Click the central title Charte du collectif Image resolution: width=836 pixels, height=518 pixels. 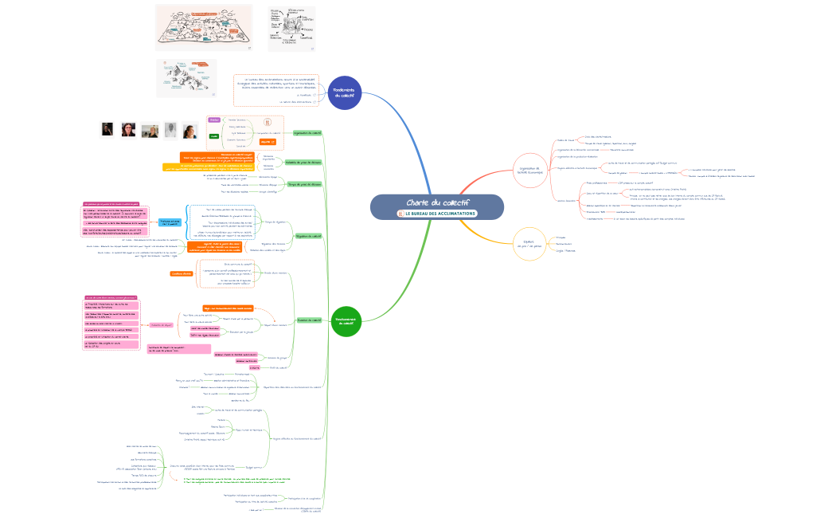[x=437, y=202]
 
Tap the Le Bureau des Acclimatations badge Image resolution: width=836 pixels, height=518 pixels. [x=437, y=214]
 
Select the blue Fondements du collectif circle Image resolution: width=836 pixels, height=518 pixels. [x=345, y=92]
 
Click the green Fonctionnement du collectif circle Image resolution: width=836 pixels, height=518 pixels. [x=346, y=320]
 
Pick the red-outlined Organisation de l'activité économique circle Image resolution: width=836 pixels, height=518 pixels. [x=529, y=170]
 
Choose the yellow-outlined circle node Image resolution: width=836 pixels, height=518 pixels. [x=529, y=244]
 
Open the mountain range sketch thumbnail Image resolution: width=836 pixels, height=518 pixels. [x=186, y=78]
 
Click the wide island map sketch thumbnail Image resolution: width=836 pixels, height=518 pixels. [x=203, y=28]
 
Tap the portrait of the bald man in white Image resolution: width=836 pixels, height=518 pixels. [x=170, y=130]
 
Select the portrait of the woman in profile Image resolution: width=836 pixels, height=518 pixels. [x=107, y=129]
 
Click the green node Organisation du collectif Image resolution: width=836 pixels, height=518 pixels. [x=307, y=133]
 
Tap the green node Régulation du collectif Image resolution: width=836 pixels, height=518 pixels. [x=308, y=236]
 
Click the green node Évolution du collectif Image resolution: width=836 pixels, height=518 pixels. [x=309, y=320]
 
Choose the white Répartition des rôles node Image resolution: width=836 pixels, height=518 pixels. [x=291, y=387]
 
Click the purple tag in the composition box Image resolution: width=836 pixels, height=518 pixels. [x=213, y=120]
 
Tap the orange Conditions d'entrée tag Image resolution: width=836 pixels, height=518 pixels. [x=182, y=273]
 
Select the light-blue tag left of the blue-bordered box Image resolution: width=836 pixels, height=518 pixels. [x=170, y=222]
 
